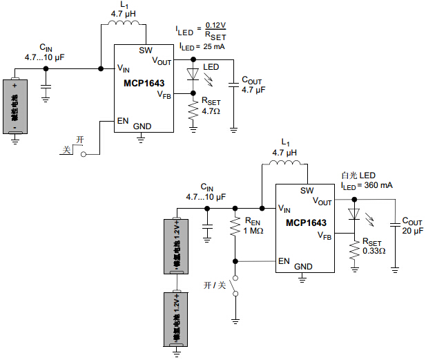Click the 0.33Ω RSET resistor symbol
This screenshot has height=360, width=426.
click(x=354, y=252)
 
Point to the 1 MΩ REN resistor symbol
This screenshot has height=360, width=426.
click(x=235, y=227)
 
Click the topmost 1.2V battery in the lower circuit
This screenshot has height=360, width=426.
click(x=177, y=245)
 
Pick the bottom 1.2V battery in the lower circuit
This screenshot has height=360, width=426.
click(x=177, y=319)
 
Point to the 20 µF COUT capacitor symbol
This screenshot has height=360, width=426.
click(x=395, y=224)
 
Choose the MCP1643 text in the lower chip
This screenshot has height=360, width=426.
click(x=304, y=222)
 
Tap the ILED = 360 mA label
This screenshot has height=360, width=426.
click(x=367, y=186)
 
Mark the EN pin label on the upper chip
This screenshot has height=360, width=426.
click(x=123, y=120)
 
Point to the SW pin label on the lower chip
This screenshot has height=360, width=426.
click(x=307, y=191)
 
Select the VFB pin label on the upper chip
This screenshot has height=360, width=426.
click(x=164, y=94)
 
